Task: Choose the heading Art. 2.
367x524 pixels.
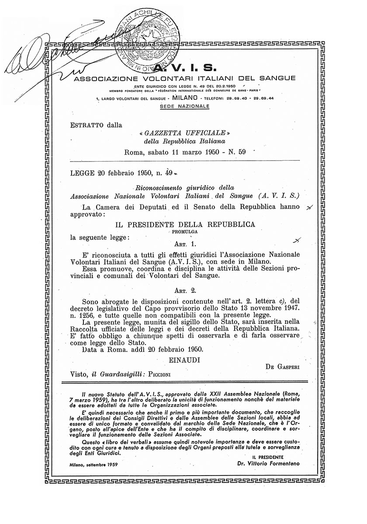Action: coord(186,290)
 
